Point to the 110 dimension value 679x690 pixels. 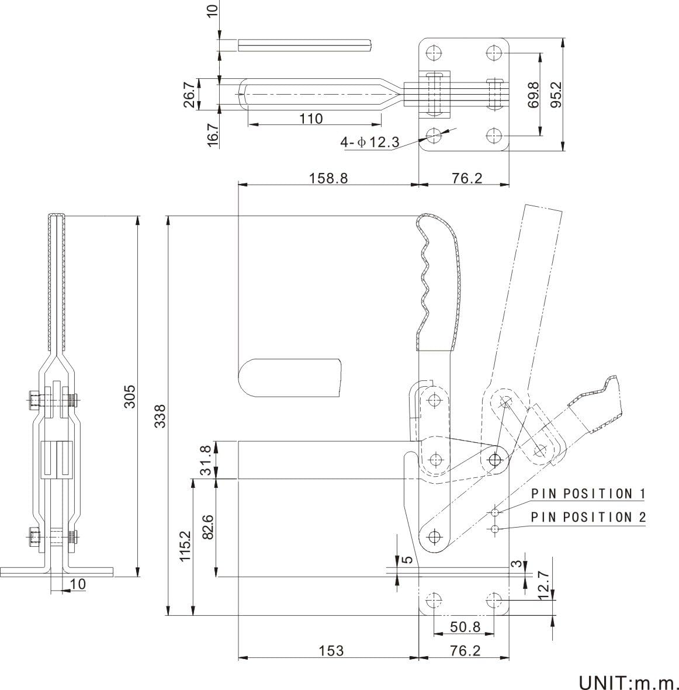coord(311,119)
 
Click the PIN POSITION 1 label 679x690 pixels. coord(588,494)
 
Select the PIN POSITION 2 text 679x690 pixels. coord(588,517)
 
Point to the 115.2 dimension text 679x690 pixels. coord(185,546)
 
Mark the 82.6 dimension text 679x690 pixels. coord(209,526)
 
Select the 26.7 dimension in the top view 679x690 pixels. coord(188,94)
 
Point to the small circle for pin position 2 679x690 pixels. coord(495,529)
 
